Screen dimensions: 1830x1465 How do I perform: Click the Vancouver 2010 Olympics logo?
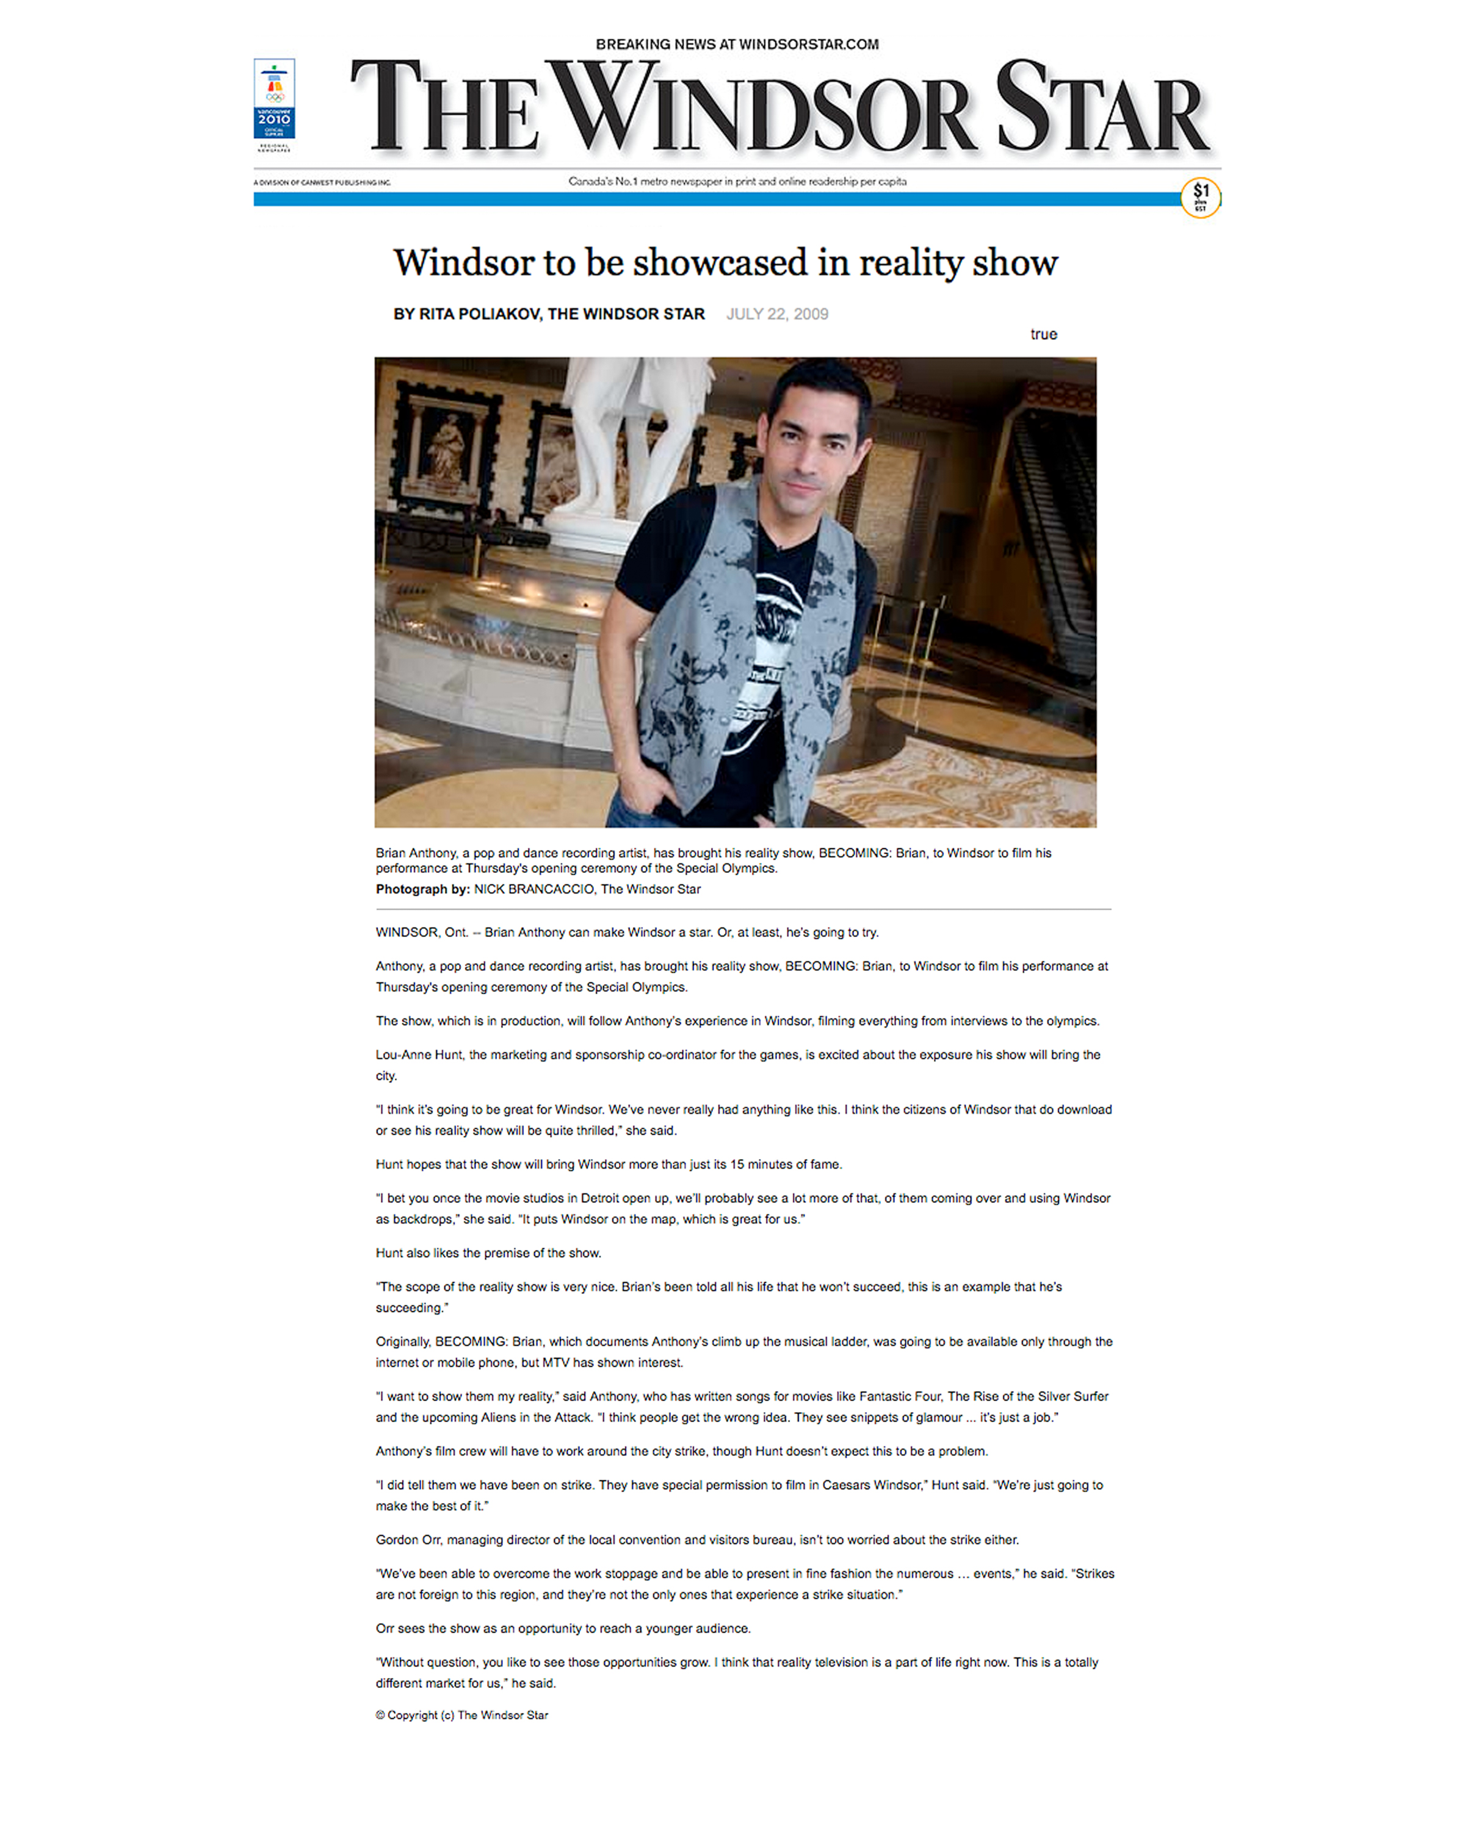[x=274, y=99]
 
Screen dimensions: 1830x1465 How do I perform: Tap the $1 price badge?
[x=1200, y=198]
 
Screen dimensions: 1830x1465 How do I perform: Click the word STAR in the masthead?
[x=1102, y=109]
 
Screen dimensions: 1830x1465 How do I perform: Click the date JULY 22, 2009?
[x=776, y=314]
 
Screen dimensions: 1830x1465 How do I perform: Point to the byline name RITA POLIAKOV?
[x=479, y=314]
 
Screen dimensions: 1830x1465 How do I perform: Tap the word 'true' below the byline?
[x=1043, y=334]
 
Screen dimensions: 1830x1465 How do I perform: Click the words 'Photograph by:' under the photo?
[x=422, y=889]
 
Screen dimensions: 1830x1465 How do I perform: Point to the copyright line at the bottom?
[x=462, y=1715]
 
